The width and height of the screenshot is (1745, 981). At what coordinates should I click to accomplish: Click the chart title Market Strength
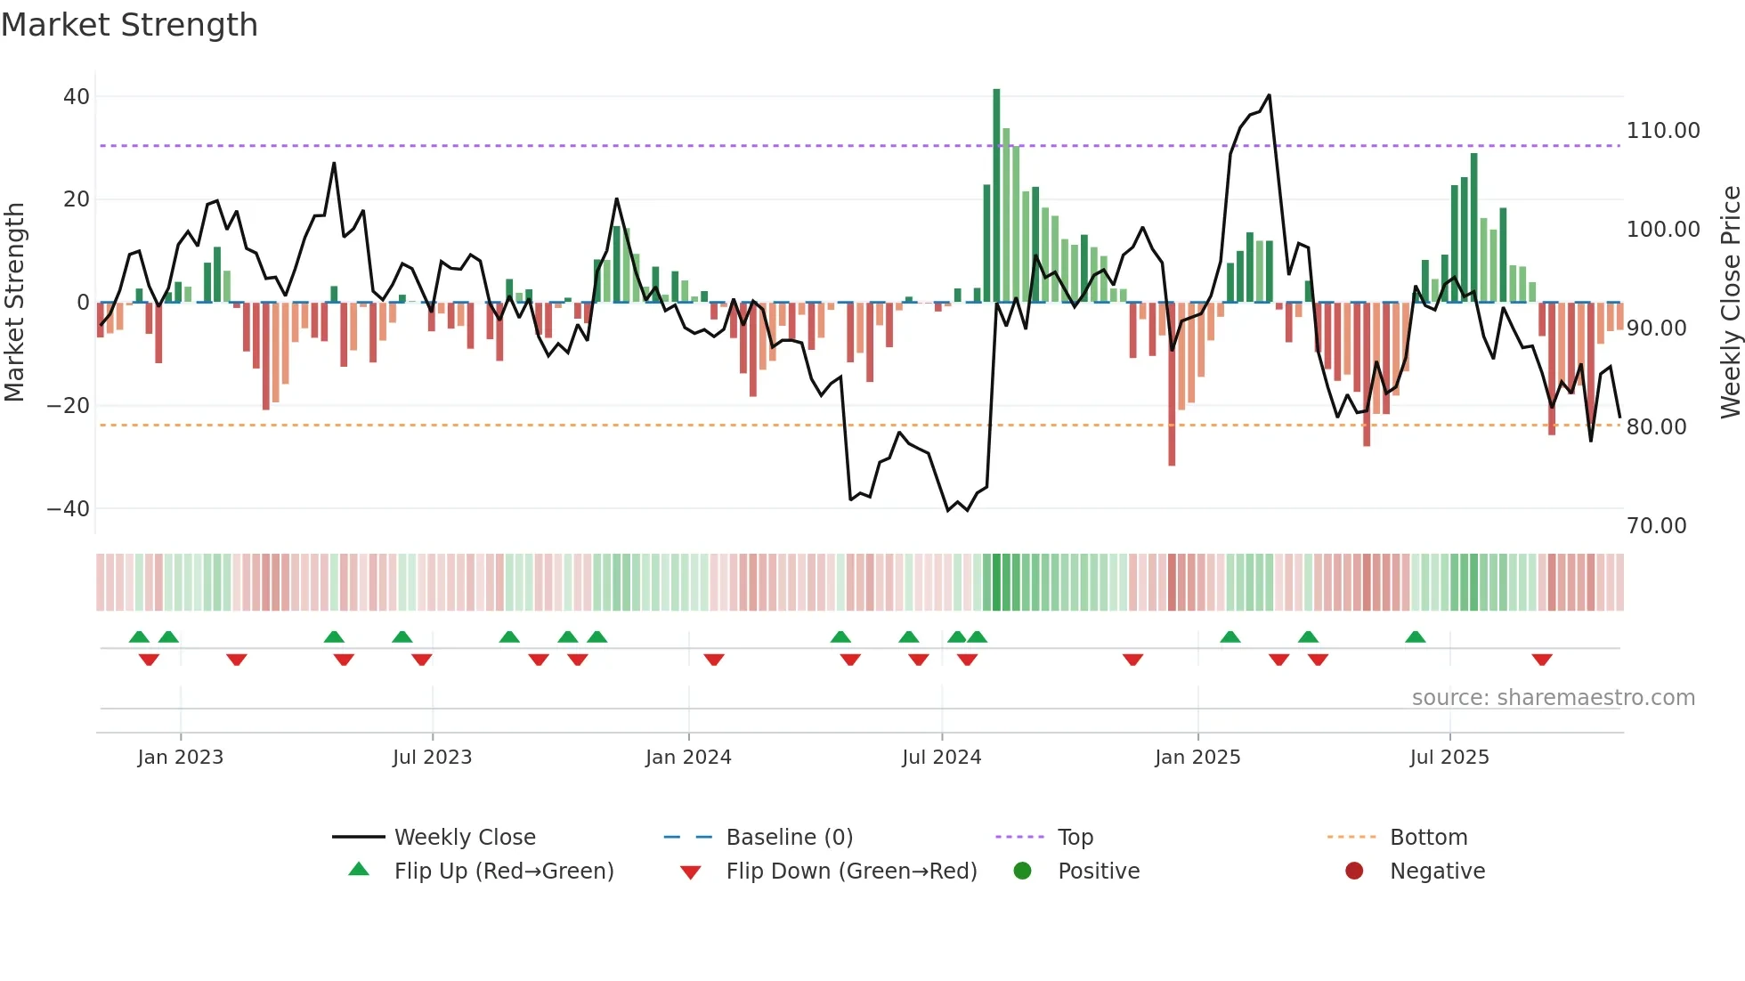pyautogui.click(x=129, y=25)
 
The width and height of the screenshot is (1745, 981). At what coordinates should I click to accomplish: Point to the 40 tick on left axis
pyautogui.click(x=77, y=96)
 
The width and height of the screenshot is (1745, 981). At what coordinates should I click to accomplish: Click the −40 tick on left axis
pyautogui.click(x=69, y=509)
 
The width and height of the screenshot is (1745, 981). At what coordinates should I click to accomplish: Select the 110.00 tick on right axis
pyautogui.click(x=1662, y=131)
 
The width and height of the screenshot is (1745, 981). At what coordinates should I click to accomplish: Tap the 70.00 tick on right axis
pyautogui.click(x=1656, y=526)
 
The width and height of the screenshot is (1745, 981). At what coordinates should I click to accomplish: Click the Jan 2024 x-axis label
pyautogui.click(x=688, y=758)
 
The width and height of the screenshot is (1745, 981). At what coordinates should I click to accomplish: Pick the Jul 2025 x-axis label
pyautogui.click(x=1449, y=758)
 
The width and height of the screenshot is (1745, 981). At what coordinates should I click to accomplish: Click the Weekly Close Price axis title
pyautogui.click(x=1730, y=303)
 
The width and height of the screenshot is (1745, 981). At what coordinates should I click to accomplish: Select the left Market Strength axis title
pyautogui.click(x=14, y=303)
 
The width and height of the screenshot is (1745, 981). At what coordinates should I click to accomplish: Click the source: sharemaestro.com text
pyautogui.click(x=1553, y=698)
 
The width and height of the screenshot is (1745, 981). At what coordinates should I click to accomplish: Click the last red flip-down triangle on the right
pyautogui.click(x=1542, y=660)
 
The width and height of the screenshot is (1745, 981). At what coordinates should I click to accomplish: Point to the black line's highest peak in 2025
pyautogui.click(x=1269, y=95)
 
